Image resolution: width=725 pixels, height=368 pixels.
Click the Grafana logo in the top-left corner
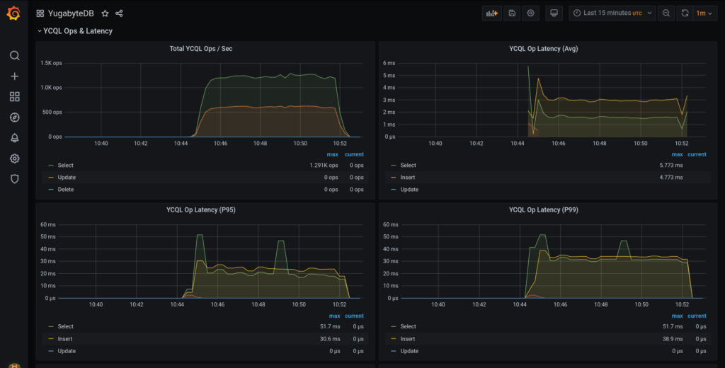(x=13, y=13)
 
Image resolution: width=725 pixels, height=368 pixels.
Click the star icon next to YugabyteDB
(x=105, y=13)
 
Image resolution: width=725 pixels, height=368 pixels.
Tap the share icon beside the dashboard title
(x=119, y=13)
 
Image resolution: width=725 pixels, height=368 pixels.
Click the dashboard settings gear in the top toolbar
(x=531, y=13)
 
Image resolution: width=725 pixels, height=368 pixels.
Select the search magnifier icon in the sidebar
(x=14, y=55)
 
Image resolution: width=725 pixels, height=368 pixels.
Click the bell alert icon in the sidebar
(x=14, y=138)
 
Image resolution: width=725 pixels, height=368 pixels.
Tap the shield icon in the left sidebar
(x=14, y=179)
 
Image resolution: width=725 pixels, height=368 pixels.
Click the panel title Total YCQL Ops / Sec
(x=201, y=49)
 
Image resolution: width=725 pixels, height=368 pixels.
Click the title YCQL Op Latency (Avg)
(x=544, y=49)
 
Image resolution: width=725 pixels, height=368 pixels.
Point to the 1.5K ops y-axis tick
(x=51, y=63)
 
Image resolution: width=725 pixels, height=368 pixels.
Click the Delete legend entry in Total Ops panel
(x=66, y=190)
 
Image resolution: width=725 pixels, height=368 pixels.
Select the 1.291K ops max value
(x=324, y=166)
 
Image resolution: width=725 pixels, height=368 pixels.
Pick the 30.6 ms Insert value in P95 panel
(x=329, y=339)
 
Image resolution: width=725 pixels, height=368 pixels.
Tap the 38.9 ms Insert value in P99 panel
(x=673, y=339)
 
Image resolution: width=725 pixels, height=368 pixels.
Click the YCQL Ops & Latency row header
(x=78, y=31)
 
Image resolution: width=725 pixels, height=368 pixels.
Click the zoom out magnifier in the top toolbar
(x=666, y=13)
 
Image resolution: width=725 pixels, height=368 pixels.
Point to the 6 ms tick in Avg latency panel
(x=389, y=63)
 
